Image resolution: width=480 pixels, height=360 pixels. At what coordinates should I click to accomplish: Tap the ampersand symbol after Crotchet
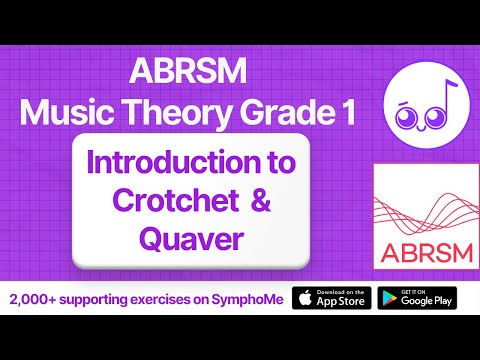(258, 202)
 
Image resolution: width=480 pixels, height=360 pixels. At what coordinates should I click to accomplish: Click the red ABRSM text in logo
(414, 247)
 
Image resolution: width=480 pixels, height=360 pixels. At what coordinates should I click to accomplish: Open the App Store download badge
(331, 299)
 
